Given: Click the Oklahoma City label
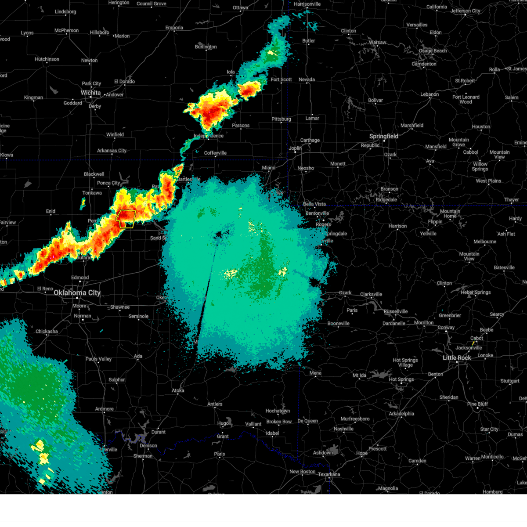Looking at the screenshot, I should tap(77, 292).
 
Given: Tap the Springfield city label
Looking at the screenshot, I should tap(383, 136).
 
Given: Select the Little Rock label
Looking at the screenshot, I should tap(457, 357).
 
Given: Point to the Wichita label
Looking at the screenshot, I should tap(90, 93).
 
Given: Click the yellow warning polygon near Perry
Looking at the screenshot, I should tap(126, 218).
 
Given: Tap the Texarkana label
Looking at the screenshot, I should tap(329, 474).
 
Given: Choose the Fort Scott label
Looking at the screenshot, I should tap(281, 79).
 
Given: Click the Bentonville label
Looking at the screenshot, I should tap(317, 213).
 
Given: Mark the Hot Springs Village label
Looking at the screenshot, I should tap(405, 362).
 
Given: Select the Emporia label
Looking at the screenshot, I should tap(174, 28).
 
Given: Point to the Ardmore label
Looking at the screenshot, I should tap(105, 409).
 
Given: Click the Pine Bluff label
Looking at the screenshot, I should tap(477, 404).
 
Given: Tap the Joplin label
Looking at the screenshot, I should tap(295, 148).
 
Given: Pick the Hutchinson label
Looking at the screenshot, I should tap(47, 59).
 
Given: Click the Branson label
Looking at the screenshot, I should tap(389, 189).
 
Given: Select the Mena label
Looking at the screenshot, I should tap(315, 373).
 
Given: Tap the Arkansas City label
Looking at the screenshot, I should tap(112, 151).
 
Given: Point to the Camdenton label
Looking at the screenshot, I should tap(424, 64).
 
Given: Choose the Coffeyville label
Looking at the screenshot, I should tap(215, 153).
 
